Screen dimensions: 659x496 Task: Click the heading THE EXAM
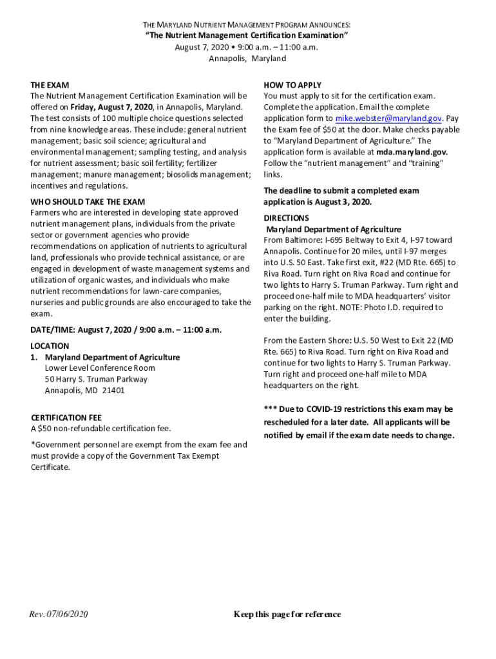pos(50,85)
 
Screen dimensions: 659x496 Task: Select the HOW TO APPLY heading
pos(292,85)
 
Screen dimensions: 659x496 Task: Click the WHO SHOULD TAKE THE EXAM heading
pos(88,201)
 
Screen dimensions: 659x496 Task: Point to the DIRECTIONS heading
pos(286,218)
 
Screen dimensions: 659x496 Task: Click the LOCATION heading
pos(50,346)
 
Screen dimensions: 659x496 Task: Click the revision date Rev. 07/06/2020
pos(58,614)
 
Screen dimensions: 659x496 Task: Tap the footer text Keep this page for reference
pos(287,614)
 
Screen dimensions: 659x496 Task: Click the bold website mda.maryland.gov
pos(412,152)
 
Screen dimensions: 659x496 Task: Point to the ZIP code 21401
pos(113,390)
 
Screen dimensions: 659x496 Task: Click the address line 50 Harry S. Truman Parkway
pos(96,379)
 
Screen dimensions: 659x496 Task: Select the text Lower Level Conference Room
pos(100,368)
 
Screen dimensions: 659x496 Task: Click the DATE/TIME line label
pos(53,329)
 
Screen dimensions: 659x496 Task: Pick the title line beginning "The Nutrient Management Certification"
pos(247,35)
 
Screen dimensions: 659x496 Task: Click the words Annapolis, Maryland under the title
pos(247,58)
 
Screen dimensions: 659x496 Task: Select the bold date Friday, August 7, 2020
pos(111,107)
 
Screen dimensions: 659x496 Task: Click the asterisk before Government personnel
pos(33,444)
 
